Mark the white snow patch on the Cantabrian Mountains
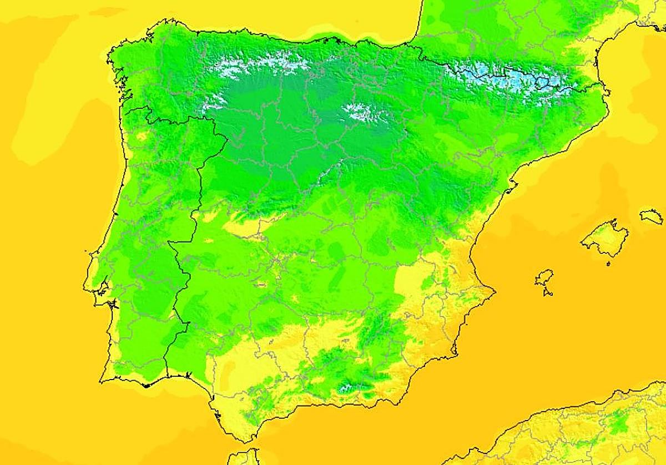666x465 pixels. tap(261, 65)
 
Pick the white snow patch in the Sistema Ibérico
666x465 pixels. tap(364, 112)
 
